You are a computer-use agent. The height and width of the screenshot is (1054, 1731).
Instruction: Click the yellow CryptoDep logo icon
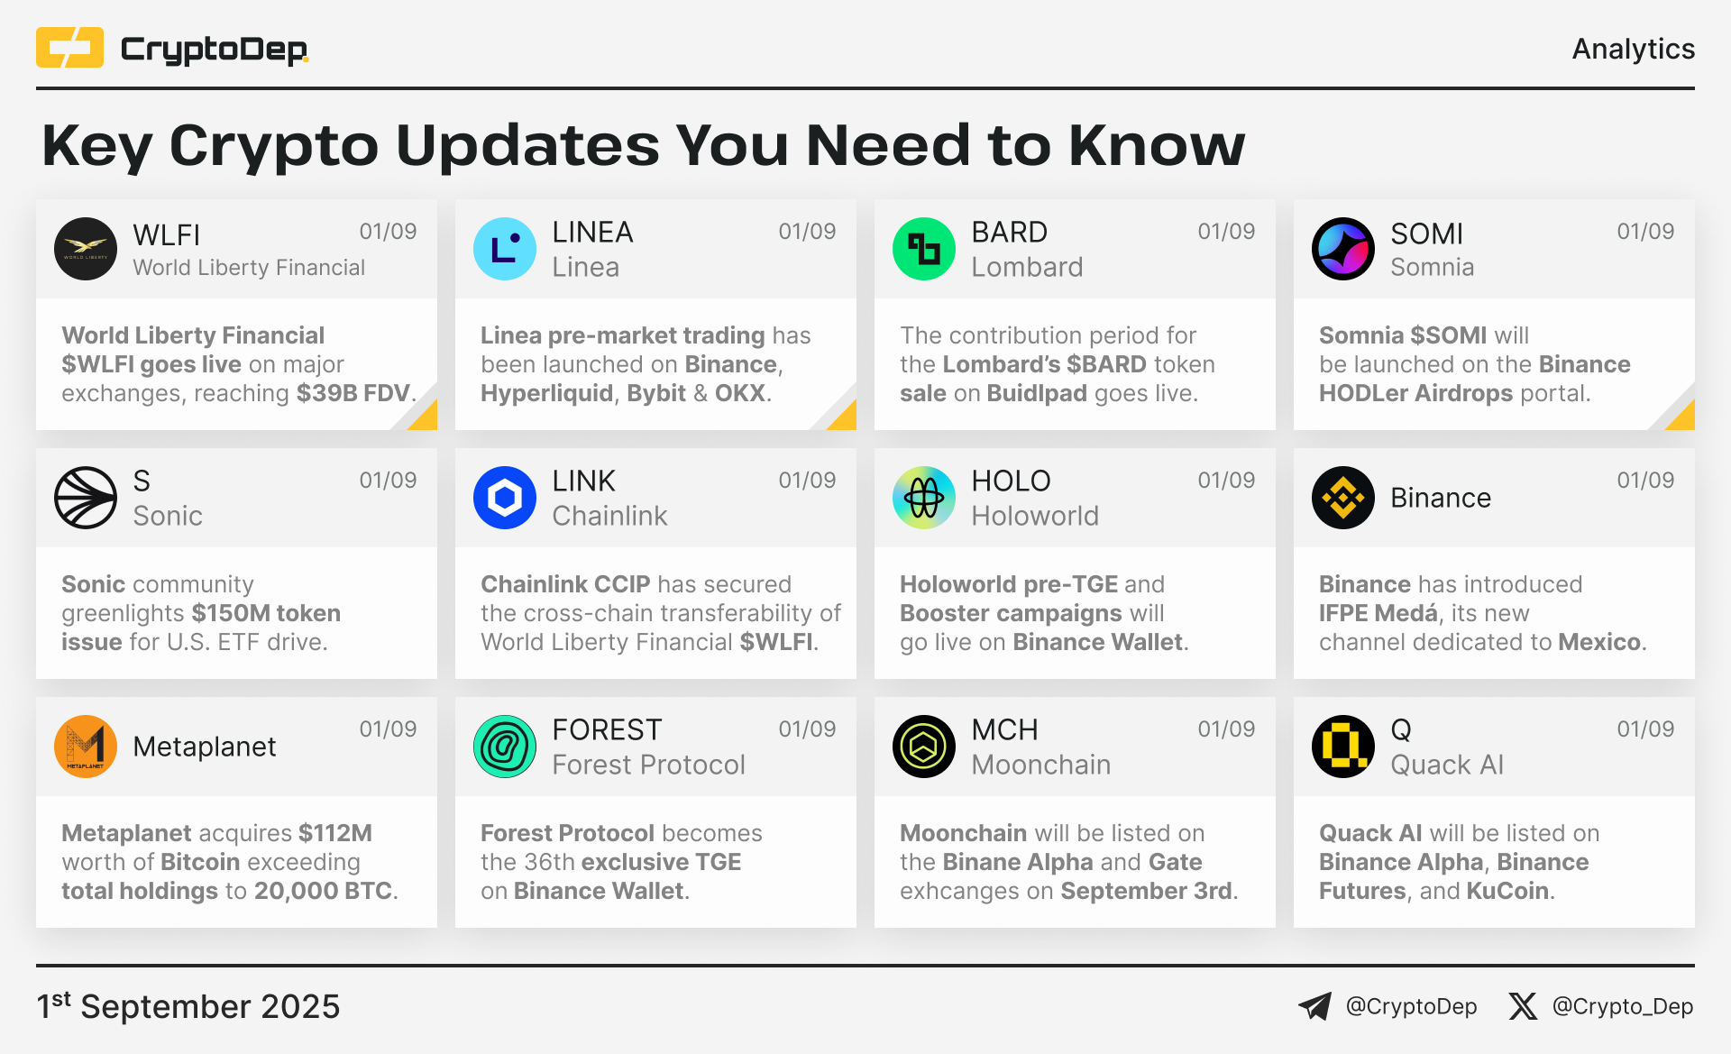point(69,48)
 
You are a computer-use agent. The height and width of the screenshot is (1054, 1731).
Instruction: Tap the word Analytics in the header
point(1633,49)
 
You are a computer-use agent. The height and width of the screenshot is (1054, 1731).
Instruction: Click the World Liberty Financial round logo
point(86,249)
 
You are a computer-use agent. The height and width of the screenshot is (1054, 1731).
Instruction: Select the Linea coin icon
point(505,249)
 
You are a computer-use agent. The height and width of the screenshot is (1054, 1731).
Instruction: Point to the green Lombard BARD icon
point(924,249)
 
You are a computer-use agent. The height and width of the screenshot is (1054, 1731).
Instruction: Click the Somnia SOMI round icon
point(1343,249)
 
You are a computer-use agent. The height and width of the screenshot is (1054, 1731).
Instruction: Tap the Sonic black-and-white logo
point(86,498)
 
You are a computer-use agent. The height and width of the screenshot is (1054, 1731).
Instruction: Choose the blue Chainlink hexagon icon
point(505,498)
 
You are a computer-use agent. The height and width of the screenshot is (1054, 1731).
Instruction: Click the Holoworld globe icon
point(924,498)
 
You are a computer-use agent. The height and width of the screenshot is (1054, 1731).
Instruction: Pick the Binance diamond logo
point(1343,498)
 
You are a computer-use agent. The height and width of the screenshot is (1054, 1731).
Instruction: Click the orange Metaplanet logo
point(86,747)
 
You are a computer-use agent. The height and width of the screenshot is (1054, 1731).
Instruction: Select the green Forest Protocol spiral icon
point(505,747)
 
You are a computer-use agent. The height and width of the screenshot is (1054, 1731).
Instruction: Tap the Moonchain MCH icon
point(924,747)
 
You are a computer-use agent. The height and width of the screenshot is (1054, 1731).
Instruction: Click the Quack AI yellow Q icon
point(1343,747)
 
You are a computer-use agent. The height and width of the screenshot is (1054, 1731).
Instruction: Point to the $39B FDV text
point(353,393)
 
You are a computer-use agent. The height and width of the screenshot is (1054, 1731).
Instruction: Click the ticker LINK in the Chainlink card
point(583,481)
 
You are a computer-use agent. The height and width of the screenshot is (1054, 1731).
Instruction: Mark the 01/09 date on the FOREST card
point(807,729)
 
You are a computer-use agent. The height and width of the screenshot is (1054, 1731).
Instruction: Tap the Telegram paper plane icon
point(1314,1006)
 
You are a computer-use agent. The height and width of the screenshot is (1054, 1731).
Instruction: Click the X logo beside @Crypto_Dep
point(1523,1006)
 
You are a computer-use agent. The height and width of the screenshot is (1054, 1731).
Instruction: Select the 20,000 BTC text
point(323,891)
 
